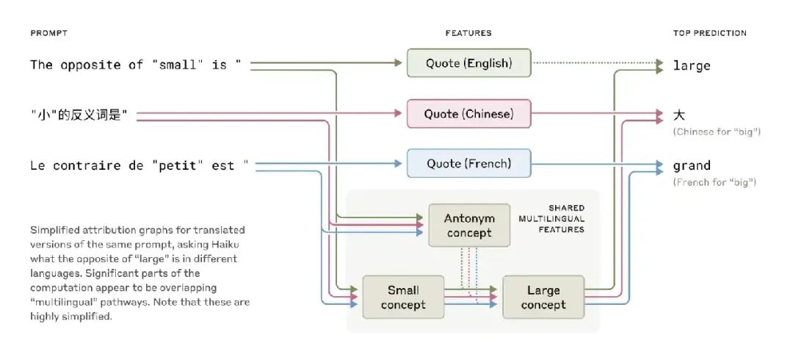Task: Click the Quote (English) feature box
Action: (x=468, y=63)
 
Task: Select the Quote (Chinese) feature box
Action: (x=468, y=114)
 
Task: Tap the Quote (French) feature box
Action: (x=468, y=163)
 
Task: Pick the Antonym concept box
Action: (x=469, y=226)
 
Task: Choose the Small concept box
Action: (x=402, y=298)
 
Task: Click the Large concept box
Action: (x=543, y=298)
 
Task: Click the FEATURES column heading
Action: (x=468, y=33)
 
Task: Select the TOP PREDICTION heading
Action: (x=709, y=33)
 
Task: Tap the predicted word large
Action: (x=692, y=65)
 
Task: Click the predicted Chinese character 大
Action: (x=679, y=115)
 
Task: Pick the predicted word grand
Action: (x=692, y=166)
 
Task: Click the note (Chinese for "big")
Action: (x=716, y=132)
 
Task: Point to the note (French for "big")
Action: (x=714, y=181)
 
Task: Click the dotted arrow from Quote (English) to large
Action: (x=595, y=63)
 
